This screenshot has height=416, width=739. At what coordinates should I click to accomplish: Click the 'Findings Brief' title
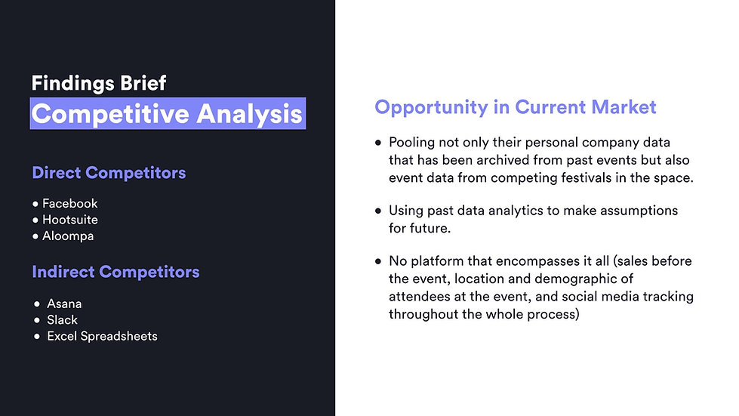[x=98, y=83]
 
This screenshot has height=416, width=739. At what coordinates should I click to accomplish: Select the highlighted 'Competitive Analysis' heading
[x=168, y=113]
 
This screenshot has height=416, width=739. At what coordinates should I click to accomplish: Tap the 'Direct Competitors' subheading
[x=109, y=173]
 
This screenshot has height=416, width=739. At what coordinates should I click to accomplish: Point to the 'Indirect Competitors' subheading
[x=116, y=272]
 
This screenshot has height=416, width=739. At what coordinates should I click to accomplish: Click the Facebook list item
[x=69, y=204]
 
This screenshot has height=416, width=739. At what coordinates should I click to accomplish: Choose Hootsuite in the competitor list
[x=70, y=220]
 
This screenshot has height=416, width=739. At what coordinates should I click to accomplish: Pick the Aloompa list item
[x=68, y=236]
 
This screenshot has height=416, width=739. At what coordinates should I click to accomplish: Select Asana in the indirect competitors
[x=64, y=304]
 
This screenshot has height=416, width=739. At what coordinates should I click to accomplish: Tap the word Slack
[x=62, y=320]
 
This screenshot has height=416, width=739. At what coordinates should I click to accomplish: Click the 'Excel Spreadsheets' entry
[x=102, y=337]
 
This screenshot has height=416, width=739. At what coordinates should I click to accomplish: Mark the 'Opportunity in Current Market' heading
[x=515, y=107]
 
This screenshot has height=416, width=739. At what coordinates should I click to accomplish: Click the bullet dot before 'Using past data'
[x=378, y=211]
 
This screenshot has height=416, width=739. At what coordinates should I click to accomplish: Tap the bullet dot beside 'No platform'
[x=378, y=261]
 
